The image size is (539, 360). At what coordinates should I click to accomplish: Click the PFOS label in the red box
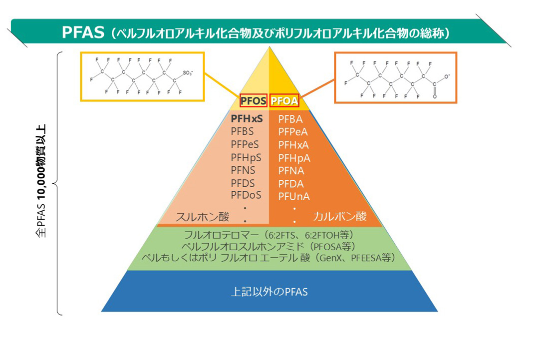tap(254, 101)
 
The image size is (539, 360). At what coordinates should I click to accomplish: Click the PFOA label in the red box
tap(284, 101)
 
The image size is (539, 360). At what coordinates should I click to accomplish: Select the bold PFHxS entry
tap(247, 119)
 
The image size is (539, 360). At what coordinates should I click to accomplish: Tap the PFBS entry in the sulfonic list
tap(242, 132)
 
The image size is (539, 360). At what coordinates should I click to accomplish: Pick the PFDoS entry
tap(246, 195)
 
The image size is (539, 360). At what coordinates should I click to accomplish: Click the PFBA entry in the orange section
tap(290, 119)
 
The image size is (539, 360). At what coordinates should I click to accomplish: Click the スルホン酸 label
tap(202, 217)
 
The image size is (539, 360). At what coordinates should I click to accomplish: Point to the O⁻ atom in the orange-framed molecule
tap(447, 76)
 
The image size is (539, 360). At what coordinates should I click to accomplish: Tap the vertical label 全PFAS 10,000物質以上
tap(43, 182)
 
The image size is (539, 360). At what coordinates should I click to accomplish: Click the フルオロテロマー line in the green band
tap(269, 236)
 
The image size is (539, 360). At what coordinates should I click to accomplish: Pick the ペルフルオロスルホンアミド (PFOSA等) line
tap(269, 247)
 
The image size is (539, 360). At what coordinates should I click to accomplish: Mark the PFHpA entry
tap(294, 158)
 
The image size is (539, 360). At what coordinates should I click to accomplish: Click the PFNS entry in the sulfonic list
tap(243, 170)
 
